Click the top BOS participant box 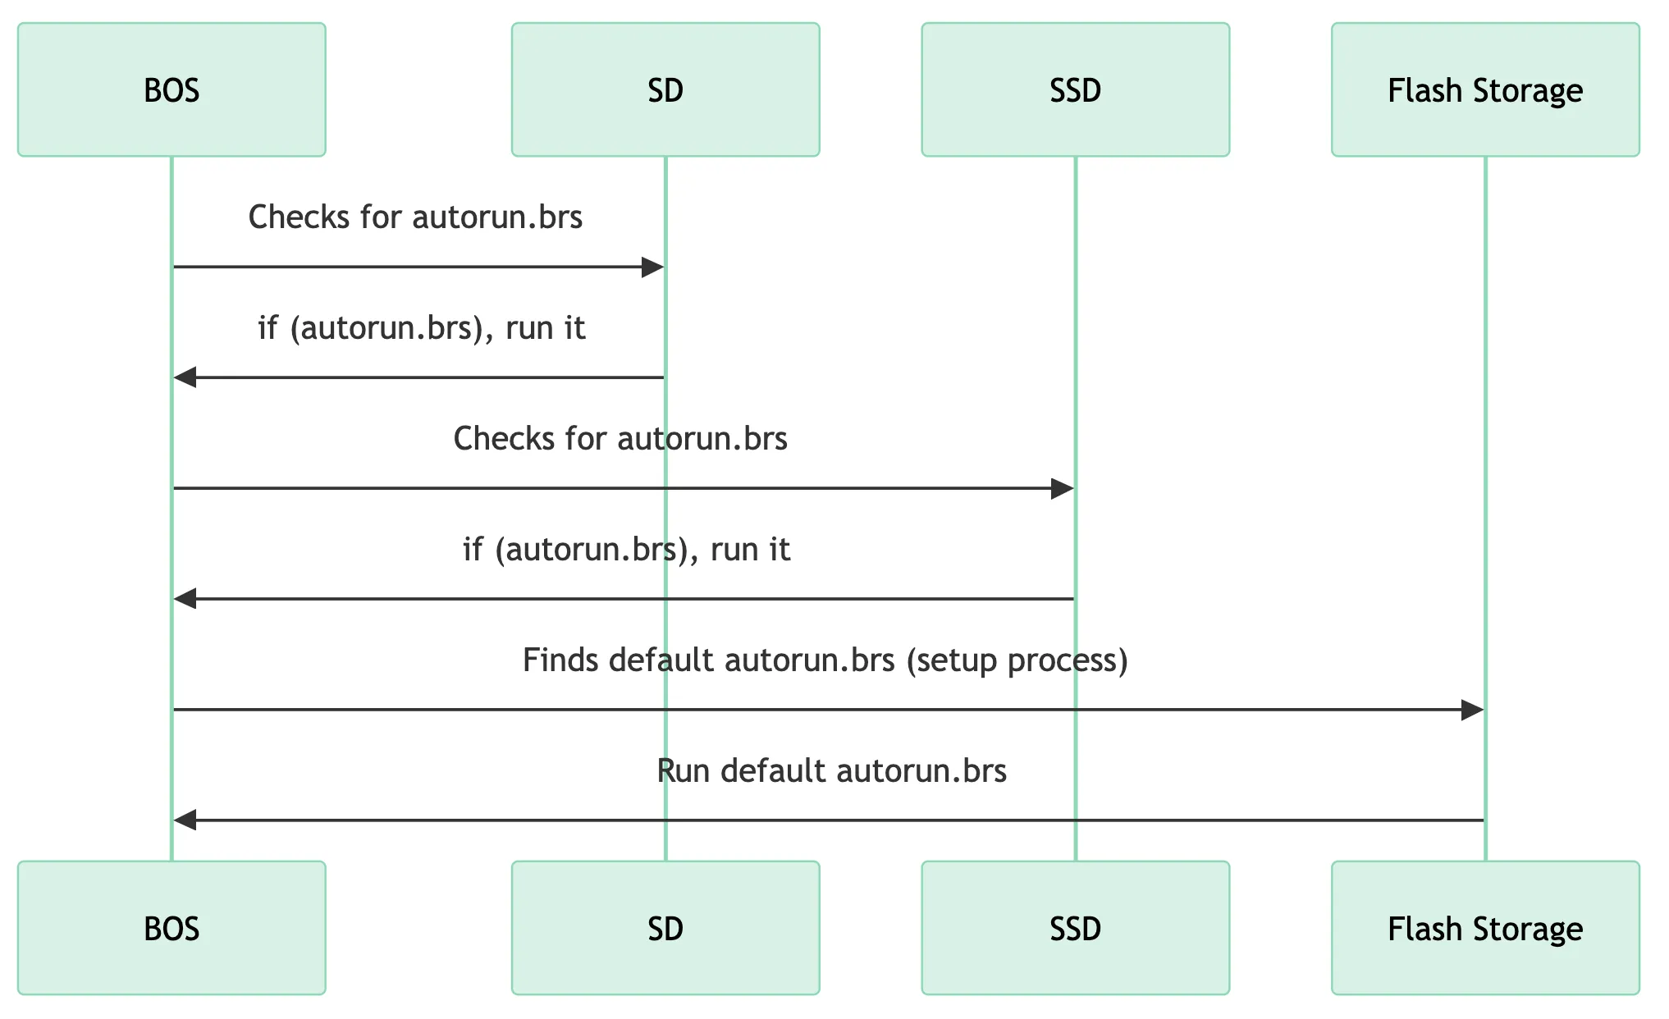click(x=171, y=89)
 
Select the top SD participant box click(x=665, y=89)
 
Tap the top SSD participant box click(x=1076, y=89)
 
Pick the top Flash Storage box click(x=1485, y=89)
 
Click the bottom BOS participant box click(x=171, y=928)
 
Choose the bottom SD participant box click(x=665, y=928)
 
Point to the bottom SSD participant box click(x=1076, y=928)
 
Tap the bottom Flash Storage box click(x=1485, y=928)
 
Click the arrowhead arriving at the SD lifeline click(x=652, y=267)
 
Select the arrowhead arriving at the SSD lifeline click(x=1063, y=489)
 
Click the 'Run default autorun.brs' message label click(x=832, y=771)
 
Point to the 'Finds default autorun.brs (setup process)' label click(x=825, y=660)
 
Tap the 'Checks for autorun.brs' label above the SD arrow click(x=415, y=217)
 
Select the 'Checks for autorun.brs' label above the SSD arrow click(x=620, y=439)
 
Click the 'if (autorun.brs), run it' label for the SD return click(x=422, y=328)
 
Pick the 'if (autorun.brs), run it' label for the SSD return click(x=627, y=550)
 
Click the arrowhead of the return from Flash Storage click(x=185, y=820)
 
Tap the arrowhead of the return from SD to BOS click(x=185, y=377)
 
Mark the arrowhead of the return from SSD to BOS click(x=185, y=599)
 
